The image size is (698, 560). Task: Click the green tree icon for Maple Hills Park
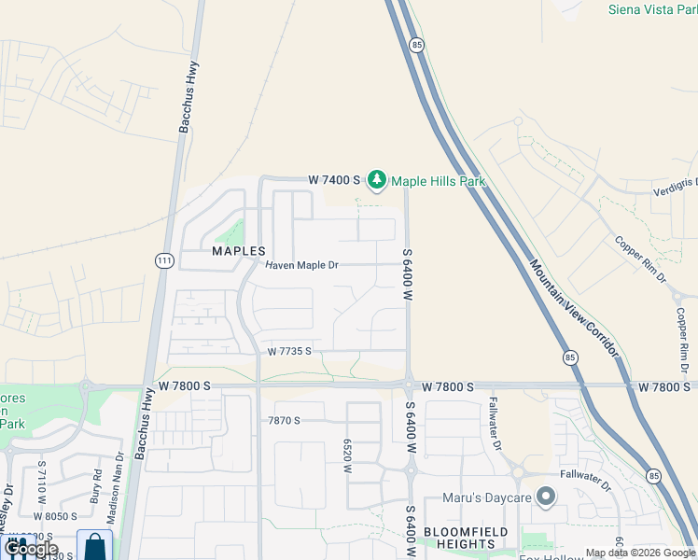click(x=376, y=178)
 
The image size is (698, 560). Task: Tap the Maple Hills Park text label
click(x=438, y=181)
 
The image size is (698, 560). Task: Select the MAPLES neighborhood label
click(x=239, y=251)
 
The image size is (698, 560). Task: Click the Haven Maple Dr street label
click(x=301, y=265)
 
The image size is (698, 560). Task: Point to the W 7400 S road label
click(x=334, y=179)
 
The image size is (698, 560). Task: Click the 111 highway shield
click(x=164, y=260)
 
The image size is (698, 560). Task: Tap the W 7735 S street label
click(x=288, y=352)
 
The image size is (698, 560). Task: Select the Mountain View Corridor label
click(x=573, y=307)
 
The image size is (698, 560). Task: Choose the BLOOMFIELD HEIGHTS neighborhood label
click(x=458, y=537)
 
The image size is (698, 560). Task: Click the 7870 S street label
click(x=285, y=421)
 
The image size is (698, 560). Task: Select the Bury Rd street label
click(x=97, y=493)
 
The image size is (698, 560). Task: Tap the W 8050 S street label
click(x=54, y=515)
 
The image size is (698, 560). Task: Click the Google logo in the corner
click(x=31, y=549)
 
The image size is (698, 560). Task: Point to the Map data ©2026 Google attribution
click(x=640, y=553)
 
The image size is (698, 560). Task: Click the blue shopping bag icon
click(x=94, y=546)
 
